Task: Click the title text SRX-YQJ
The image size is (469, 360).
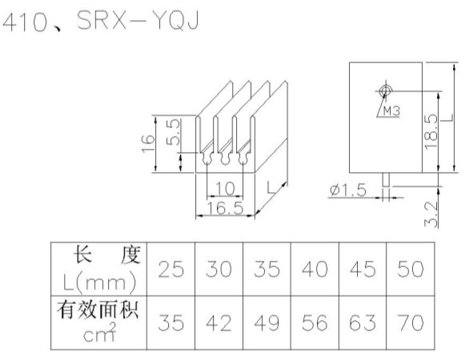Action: point(138,20)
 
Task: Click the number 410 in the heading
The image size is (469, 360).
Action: point(25,22)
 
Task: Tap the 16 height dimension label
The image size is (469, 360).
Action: point(148,143)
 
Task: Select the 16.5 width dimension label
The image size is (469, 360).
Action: point(225,208)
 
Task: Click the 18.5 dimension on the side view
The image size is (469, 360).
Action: point(431,132)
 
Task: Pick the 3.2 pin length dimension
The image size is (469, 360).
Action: point(431,214)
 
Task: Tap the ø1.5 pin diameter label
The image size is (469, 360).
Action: point(348,190)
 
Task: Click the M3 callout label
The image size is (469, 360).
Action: point(391,111)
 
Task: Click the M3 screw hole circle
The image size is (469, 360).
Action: point(385,90)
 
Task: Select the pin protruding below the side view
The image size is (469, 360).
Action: point(386,180)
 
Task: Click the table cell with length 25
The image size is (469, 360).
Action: point(170,269)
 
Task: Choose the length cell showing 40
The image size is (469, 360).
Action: point(315,269)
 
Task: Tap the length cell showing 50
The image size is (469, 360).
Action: point(411,269)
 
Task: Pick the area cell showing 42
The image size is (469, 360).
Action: point(219,323)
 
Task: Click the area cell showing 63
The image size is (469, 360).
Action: point(363,323)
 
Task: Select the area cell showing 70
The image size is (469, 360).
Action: point(411,323)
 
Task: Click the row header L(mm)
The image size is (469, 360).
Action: point(99,282)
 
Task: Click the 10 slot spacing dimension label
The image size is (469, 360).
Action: point(225,188)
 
